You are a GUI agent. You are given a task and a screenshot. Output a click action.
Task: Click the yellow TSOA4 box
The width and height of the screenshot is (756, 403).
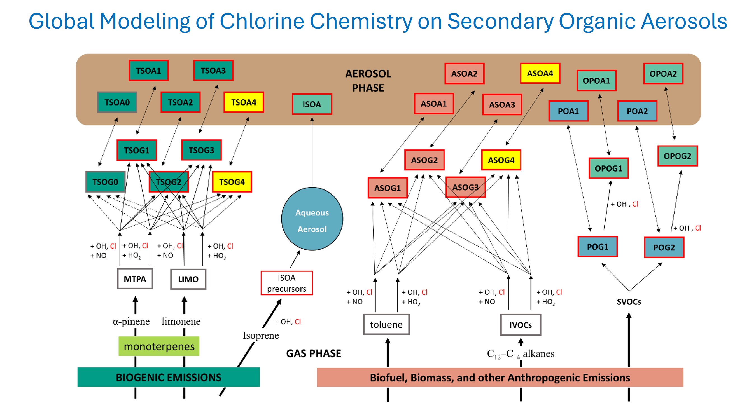pyautogui.click(x=244, y=102)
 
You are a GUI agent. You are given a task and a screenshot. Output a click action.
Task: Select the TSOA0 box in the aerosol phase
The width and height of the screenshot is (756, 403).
pyautogui.click(x=117, y=102)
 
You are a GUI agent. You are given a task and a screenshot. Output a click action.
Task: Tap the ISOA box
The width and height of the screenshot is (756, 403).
pyautogui.click(x=312, y=104)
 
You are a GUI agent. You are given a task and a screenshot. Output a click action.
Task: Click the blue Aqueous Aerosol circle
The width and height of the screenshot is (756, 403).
pyautogui.click(x=312, y=219)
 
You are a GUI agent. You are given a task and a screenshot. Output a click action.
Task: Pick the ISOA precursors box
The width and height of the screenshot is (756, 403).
pyautogui.click(x=287, y=283)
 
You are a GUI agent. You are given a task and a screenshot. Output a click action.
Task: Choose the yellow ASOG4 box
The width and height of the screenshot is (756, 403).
pyautogui.click(x=501, y=160)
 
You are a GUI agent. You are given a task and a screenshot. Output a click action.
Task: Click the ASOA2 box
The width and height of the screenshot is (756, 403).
pyautogui.click(x=464, y=74)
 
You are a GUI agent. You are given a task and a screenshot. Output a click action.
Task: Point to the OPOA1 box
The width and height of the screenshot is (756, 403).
pyautogui.click(x=596, y=80)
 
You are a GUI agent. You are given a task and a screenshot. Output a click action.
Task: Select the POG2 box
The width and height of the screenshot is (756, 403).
pyautogui.click(x=664, y=247)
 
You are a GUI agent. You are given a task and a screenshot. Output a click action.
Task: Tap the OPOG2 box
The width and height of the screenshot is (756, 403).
pyautogui.click(x=677, y=156)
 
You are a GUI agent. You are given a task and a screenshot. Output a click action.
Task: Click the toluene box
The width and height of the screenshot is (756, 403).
pyautogui.click(x=386, y=324)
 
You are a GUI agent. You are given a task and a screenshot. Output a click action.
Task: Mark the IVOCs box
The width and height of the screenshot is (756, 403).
pyautogui.click(x=521, y=325)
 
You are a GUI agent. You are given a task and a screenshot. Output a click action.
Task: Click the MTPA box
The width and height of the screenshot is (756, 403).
pyautogui.click(x=135, y=279)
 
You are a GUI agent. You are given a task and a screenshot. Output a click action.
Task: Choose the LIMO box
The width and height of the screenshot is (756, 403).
pyautogui.click(x=188, y=279)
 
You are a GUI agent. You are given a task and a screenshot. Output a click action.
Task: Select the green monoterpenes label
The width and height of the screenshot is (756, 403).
pyautogui.click(x=159, y=346)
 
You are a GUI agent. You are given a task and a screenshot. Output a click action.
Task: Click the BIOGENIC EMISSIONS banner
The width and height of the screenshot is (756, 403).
pyautogui.click(x=169, y=377)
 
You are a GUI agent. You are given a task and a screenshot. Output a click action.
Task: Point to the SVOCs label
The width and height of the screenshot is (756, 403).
pyautogui.click(x=629, y=301)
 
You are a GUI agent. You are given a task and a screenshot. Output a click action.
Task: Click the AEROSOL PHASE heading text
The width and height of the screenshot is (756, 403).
pyautogui.click(x=368, y=81)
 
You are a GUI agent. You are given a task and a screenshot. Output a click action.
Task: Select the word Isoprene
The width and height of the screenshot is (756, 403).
pyautogui.click(x=261, y=335)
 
